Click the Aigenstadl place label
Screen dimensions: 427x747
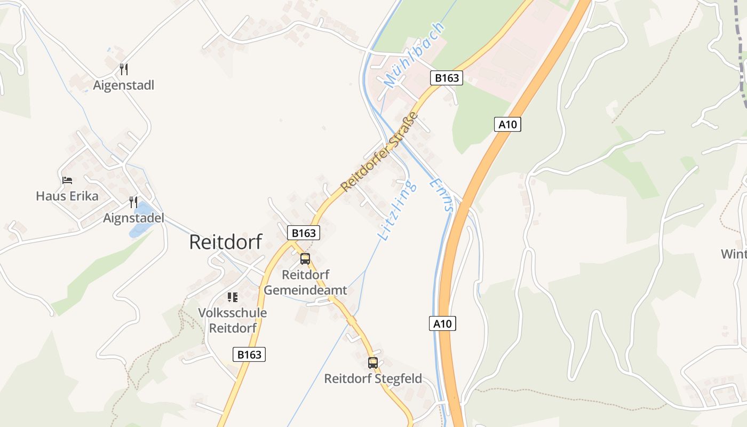[x=123, y=85]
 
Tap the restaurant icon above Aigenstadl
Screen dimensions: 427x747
[x=124, y=69]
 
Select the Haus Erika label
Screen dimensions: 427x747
[x=67, y=196]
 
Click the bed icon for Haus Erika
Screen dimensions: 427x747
[x=67, y=180]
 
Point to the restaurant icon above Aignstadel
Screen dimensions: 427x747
[x=133, y=202]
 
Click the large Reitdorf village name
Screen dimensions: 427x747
[x=226, y=242]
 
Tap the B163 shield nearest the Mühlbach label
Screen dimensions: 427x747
[x=446, y=78]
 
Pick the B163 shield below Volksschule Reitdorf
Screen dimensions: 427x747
[x=249, y=354]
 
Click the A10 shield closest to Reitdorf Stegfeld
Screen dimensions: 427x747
[x=442, y=323]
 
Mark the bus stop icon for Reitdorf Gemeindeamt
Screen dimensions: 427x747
[x=305, y=259]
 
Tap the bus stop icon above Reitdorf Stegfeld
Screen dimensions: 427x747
[x=373, y=363]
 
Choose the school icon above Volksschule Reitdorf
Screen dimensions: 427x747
[x=232, y=297]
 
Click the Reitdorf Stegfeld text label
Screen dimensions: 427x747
[x=373, y=379]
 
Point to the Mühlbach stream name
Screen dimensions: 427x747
[x=414, y=55]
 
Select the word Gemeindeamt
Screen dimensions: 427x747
[x=305, y=290]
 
